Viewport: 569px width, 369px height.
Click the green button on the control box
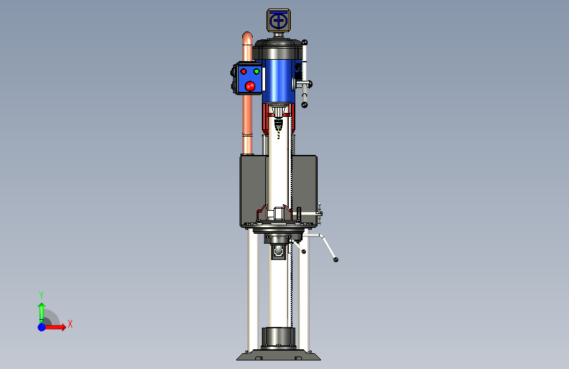click(257, 72)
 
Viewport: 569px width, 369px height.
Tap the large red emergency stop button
click(250, 86)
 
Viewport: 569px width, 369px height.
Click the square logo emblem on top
click(279, 20)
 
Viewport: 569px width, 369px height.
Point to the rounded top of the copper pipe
click(247, 37)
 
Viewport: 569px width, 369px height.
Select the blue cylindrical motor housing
click(279, 81)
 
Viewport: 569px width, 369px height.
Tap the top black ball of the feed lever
click(305, 43)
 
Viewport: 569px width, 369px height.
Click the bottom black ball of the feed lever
click(305, 105)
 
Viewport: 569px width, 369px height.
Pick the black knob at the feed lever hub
click(310, 85)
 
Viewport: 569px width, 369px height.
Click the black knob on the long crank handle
click(335, 260)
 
